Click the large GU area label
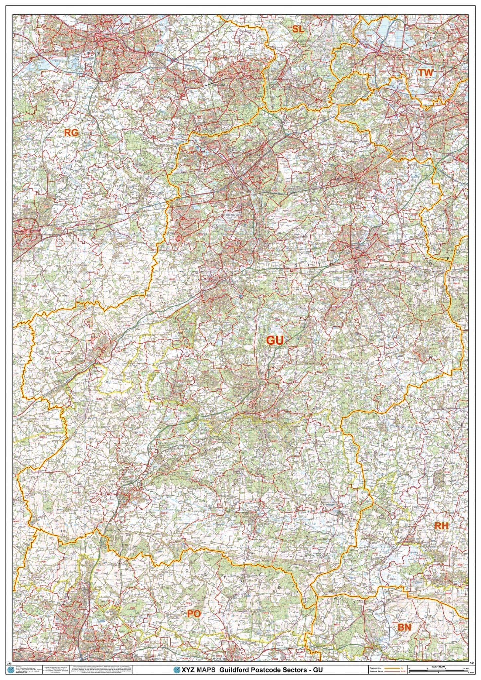(275, 341)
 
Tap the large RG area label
(71, 133)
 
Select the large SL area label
(298, 29)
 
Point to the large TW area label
(425, 72)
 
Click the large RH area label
(441, 535)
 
